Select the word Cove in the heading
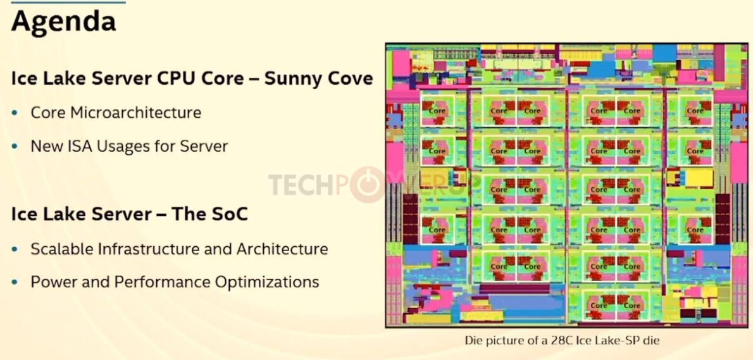(x=351, y=78)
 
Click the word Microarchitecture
(x=136, y=113)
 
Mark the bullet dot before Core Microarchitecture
(x=15, y=113)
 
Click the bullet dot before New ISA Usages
(x=15, y=146)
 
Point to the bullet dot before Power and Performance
(x=15, y=282)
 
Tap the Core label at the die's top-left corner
(x=437, y=110)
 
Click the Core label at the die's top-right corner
(x=695, y=110)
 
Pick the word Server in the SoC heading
(x=103, y=214)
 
